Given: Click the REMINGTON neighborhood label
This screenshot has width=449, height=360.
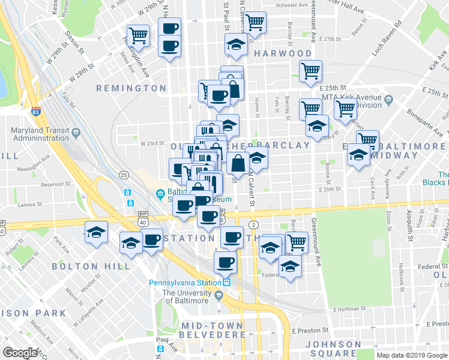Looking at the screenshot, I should click(x=131, y=88).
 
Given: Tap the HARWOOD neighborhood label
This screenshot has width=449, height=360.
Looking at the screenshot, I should click(x=283, y=53).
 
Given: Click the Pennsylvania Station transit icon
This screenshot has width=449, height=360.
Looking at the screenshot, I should click(x=227, y=283).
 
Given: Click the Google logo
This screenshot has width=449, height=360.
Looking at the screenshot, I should click(x=20, y=352).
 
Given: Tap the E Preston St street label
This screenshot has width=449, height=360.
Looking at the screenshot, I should click(x=310, y=330).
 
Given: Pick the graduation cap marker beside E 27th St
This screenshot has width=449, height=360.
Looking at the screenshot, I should click(x=237, y=44).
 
